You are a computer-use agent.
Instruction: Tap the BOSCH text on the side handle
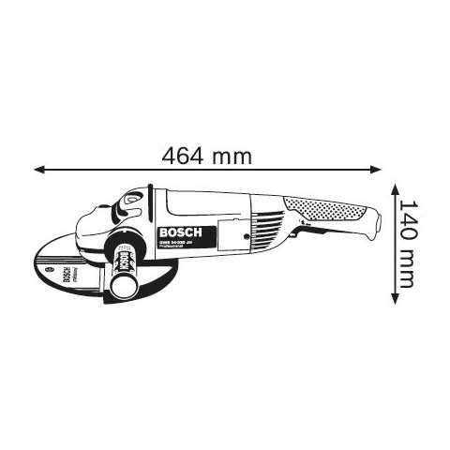click(x=122, y=262)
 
